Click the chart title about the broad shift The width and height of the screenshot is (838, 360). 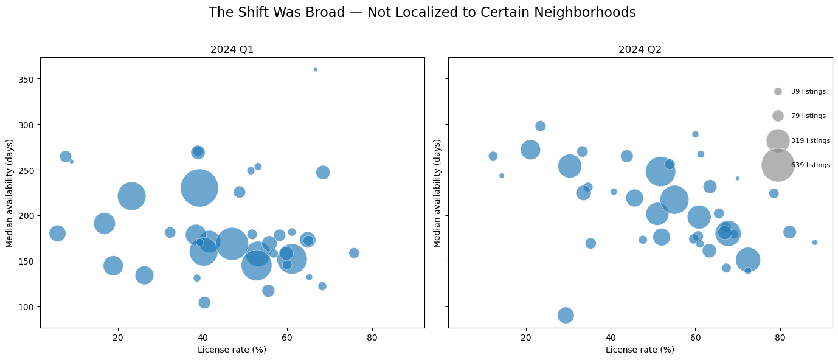point(422,13)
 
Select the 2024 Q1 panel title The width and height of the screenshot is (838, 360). point(232,50)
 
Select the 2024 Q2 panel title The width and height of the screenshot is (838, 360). point(640,50)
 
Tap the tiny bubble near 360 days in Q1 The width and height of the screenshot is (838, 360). point(315,69)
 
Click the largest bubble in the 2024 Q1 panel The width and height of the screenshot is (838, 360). point(199,188)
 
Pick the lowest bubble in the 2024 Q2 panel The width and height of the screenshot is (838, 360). point(566,315)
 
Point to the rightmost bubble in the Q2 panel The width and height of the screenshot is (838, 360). point(815,243)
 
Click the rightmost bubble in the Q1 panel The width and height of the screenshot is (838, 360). point(354,253)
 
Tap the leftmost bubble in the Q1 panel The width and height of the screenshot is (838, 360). point(57,234)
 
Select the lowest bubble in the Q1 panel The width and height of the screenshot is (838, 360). point(204,302)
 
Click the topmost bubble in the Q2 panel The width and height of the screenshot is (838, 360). point(540,126)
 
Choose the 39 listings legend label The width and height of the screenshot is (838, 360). point(808,92)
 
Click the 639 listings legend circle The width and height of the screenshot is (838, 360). point(778,165)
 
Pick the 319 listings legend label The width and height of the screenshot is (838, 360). point(810,141)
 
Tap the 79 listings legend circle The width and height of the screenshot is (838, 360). point(778,116)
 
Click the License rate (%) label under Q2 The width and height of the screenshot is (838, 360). point(640,350)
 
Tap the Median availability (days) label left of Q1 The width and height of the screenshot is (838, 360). point(10,193)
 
